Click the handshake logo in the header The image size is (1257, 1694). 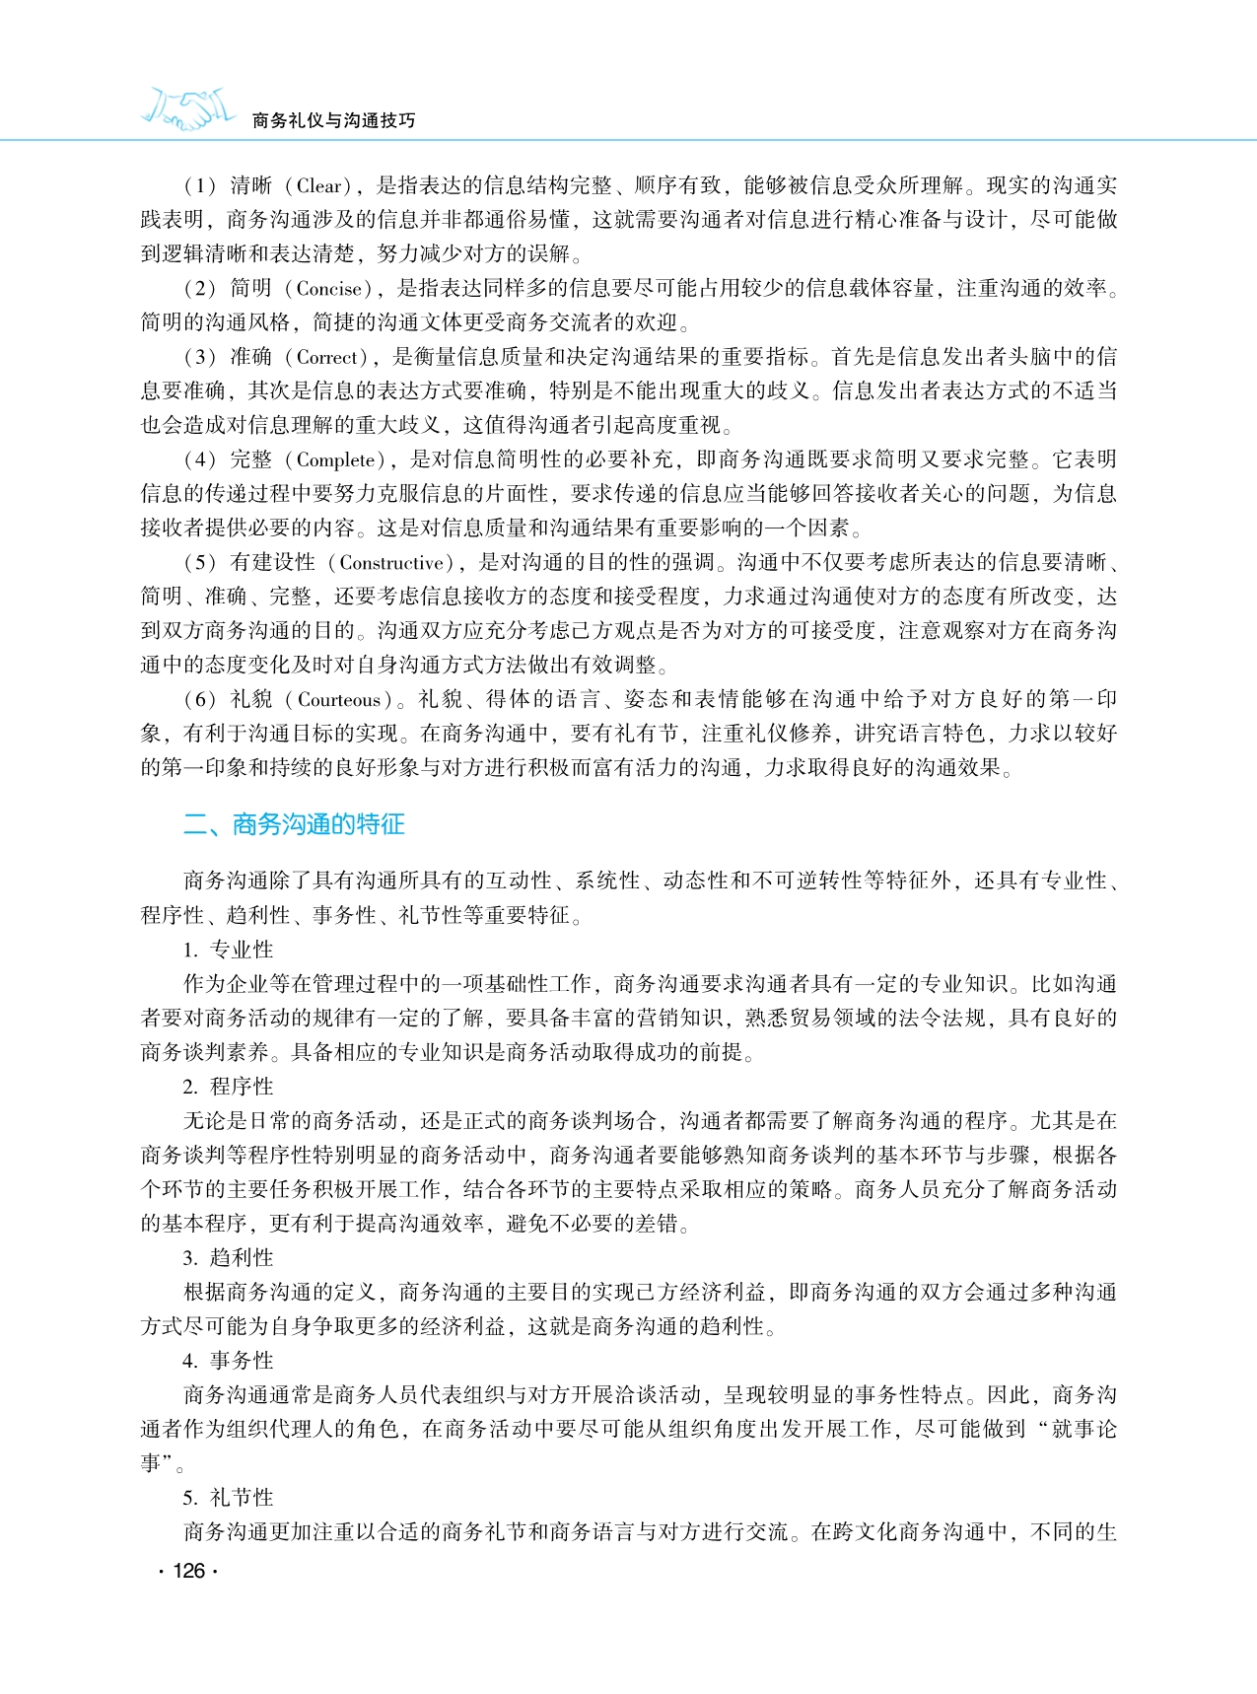(x=188, y=109)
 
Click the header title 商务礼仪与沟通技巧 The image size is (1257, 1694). (x=334, y=120)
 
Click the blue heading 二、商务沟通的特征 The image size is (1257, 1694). (x=294, y=824)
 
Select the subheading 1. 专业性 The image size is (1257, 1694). (x=228, y=950)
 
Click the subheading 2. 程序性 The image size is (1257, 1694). (x=228, y=1087)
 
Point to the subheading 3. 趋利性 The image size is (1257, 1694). (x=228, y=1258)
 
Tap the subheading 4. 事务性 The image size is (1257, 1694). (x=228, y=1361)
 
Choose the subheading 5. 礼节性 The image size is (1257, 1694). (x=228, y=1498)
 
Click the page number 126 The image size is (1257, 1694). (x=188, y=1571)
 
